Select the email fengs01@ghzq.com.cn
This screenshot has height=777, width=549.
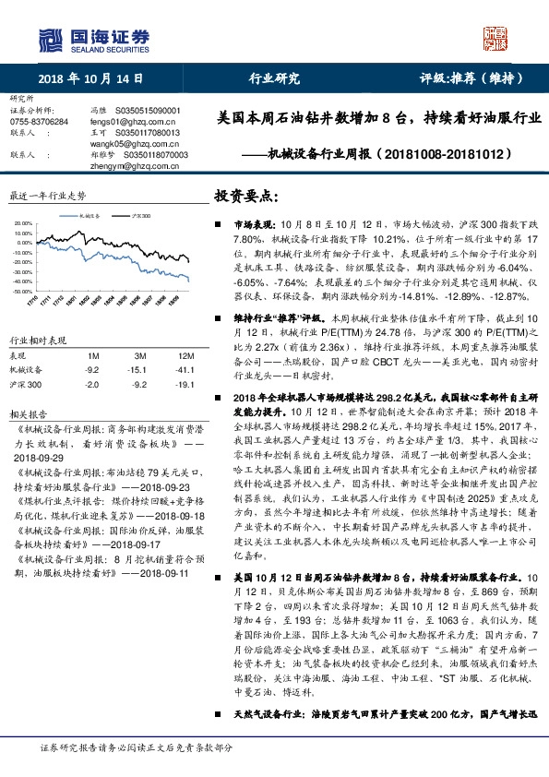click(x=125, y=122)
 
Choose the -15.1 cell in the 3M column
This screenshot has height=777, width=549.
click(x=139, y=369)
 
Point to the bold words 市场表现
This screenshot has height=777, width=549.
click(x=253, y=224)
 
